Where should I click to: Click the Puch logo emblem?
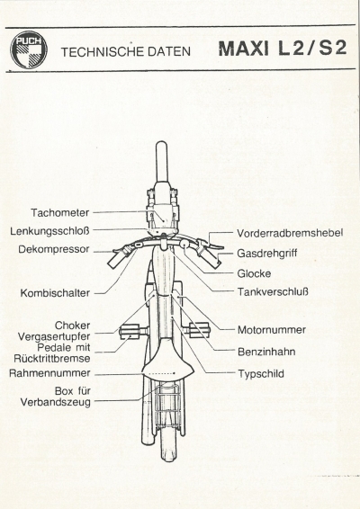click(x=29, y=49)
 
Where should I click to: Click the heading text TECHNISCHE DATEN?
click(x=126, y=51)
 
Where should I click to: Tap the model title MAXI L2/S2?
click(x=283, y=49)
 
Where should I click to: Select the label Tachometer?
click(x=59, y=212)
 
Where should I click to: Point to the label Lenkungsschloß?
click(x=49, y=231)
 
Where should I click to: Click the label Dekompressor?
click(x=54, y=249)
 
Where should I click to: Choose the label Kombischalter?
click(x=55, y=293)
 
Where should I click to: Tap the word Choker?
click(x=72, y=326)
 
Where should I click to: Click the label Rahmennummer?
click(x=49, y=373)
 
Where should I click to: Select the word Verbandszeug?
click(x=56, y=402)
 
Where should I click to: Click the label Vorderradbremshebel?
click(x=290, y=233)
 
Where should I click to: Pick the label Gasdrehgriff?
click(x=266, y=254)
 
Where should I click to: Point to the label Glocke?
click(x=254, y=273)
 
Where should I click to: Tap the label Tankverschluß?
click(x=273, y=291)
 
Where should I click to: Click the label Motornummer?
click(x=272, y=330)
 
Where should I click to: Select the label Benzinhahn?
click(x=266, y=352)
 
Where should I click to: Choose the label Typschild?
click(x=261, y=373)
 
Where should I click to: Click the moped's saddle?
click(x=168, y=362)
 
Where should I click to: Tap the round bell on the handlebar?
click(x=184, y=244)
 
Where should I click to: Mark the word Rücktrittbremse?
click(x=52, y=359)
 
